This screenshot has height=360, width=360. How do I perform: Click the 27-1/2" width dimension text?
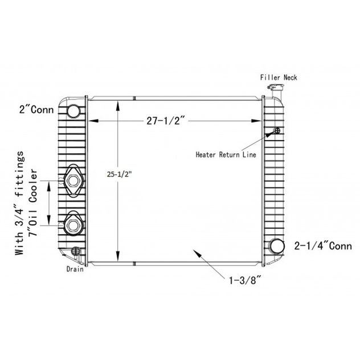click(166, 121)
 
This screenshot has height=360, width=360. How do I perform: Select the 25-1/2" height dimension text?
click(120, 174)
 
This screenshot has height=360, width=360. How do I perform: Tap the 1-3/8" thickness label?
click(245, 280)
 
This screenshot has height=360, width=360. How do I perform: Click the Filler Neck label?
click(279, 77)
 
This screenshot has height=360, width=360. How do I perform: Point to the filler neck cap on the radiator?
click(276, 87)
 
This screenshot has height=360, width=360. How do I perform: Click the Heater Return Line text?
click(226, 154)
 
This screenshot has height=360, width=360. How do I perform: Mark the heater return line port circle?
click(277, 130)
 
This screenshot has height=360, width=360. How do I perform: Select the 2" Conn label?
click(36, 109)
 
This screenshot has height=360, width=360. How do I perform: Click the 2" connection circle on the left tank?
click(73, 111)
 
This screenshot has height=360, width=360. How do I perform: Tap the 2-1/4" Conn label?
click(323, 246)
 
